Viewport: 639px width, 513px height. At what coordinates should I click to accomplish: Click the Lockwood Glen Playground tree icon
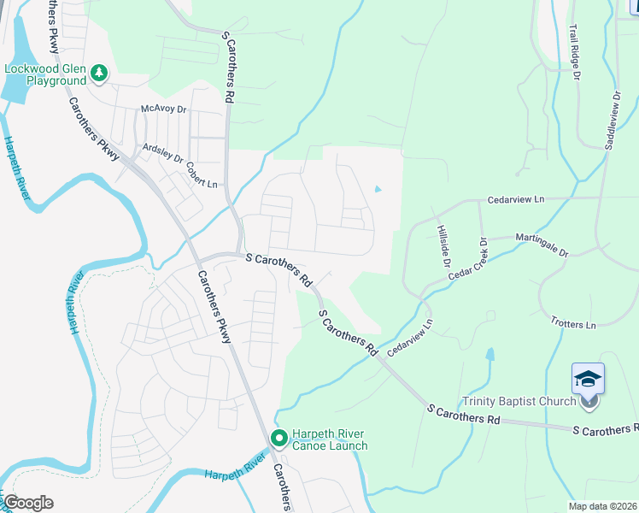point(100,73)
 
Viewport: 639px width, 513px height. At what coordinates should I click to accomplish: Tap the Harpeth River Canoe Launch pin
point(278,438)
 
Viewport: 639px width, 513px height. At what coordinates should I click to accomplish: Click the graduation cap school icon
point(588,378)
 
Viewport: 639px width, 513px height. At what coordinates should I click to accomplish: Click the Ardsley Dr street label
point(162,153)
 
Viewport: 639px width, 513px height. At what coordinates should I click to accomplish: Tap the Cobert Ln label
point(202,175)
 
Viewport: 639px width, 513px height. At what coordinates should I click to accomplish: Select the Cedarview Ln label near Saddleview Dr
point(515,199)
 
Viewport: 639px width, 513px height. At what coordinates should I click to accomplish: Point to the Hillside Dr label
point(442,246)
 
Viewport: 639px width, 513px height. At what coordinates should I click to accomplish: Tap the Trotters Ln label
point(573,325)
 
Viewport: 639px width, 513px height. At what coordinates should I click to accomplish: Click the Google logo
point(28,502)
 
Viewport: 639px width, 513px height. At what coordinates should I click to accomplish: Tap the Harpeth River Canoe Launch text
point(330,439)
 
